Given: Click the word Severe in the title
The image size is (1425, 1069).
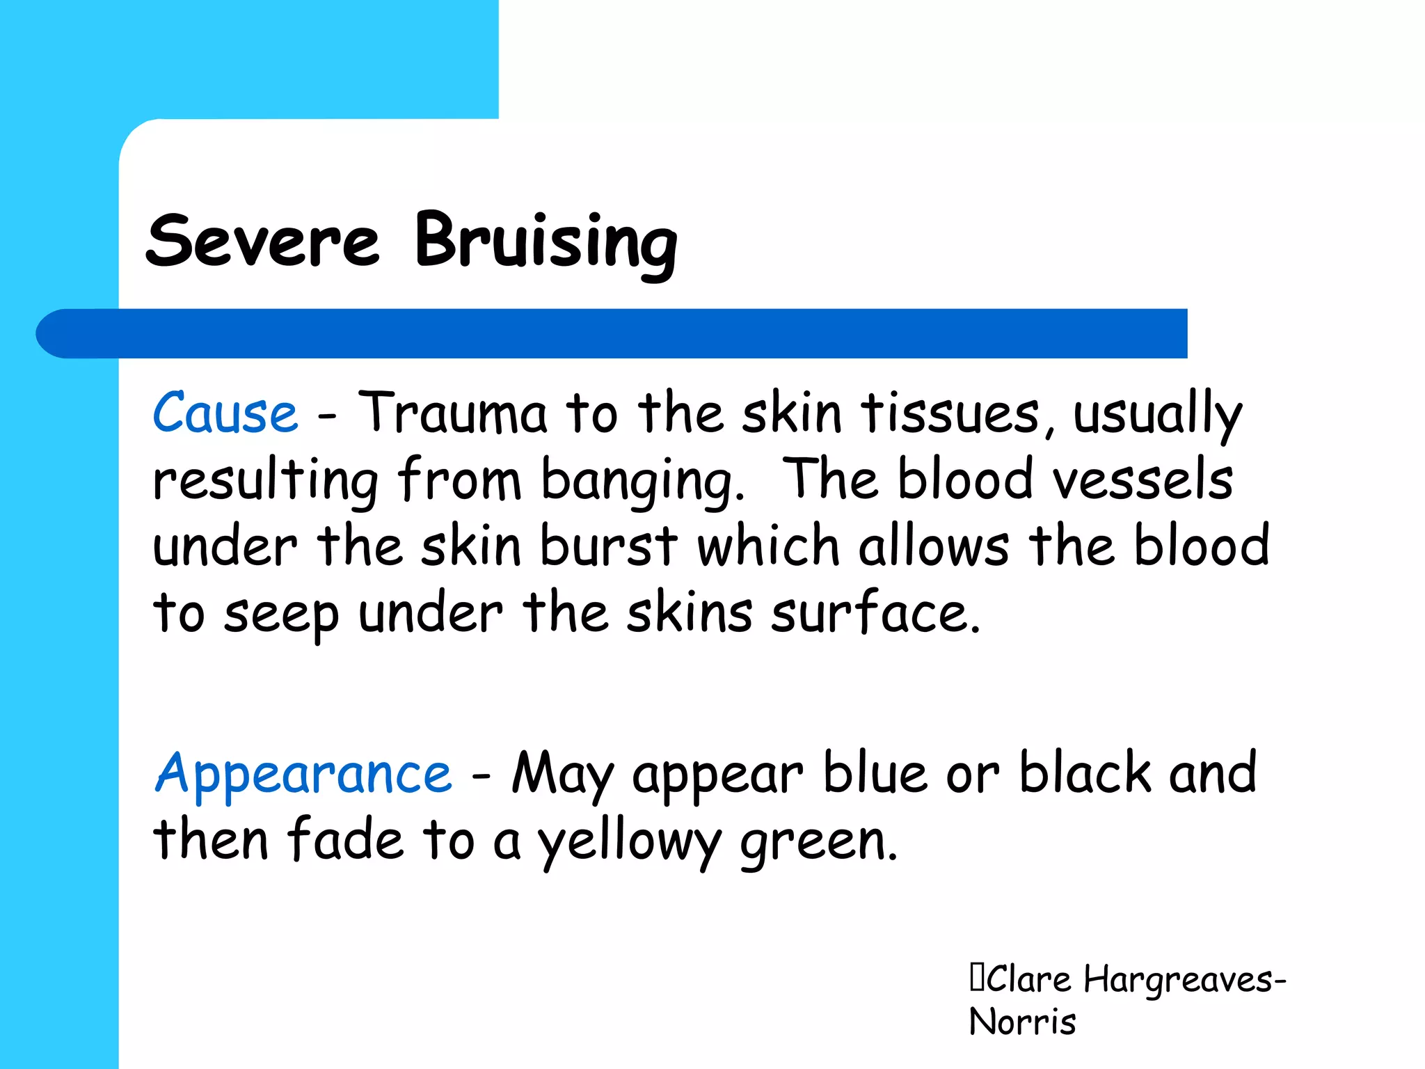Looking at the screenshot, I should click(262, 241).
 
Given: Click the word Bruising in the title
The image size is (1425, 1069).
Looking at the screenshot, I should click(546, 241).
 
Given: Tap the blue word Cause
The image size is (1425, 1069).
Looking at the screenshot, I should click(225, 413).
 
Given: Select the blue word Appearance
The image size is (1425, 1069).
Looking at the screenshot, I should click(303, 774).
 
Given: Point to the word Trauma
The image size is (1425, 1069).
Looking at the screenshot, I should click(452, 413).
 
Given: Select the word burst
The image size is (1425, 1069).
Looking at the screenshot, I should click(608, 546).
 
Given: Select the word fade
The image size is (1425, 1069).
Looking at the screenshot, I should click(345, 840).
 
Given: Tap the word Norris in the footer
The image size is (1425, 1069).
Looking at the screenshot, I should click(1022, 1022).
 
